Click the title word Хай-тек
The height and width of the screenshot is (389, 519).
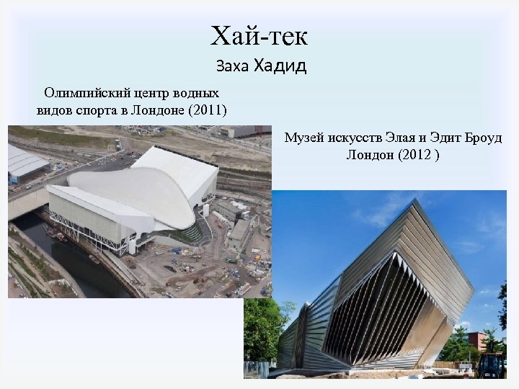point(259,35)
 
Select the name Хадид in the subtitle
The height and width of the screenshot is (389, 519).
point(280,67)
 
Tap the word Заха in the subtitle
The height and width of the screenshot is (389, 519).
point(232,68)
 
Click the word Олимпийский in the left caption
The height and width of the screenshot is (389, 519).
point(86,93)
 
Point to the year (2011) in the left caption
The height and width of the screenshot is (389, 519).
point(206,110)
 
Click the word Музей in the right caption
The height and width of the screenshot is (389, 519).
point(303,137)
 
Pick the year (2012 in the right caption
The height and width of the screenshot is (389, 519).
point(415,155)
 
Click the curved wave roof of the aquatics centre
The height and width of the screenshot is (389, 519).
point(130,187)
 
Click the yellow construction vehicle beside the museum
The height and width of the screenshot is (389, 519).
point(490,364)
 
